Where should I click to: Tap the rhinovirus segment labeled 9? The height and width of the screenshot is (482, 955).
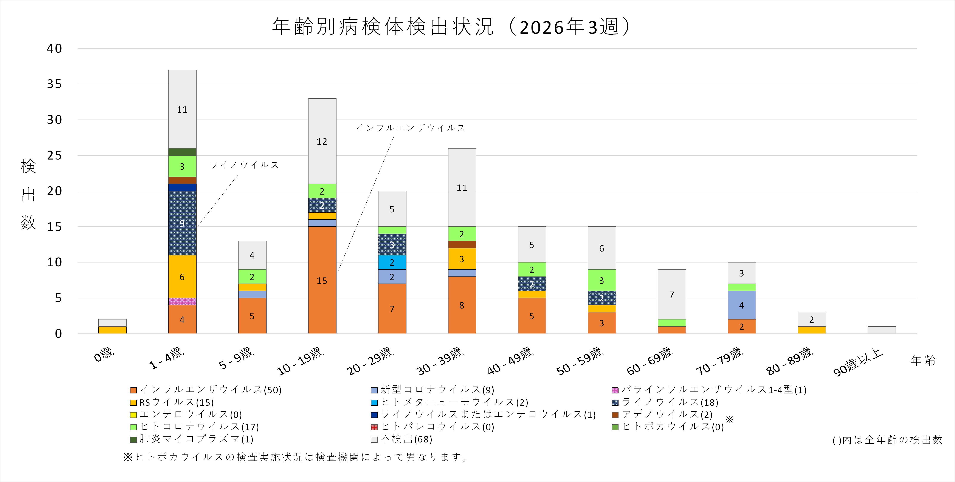click(182, 223)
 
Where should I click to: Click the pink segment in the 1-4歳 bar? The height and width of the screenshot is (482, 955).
click(182, 301)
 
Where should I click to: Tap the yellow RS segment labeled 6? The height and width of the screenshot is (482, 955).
click(182, 276)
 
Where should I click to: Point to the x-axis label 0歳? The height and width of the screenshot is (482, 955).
click(104, 355)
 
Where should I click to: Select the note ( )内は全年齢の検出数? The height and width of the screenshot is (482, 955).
click(887, 440)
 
